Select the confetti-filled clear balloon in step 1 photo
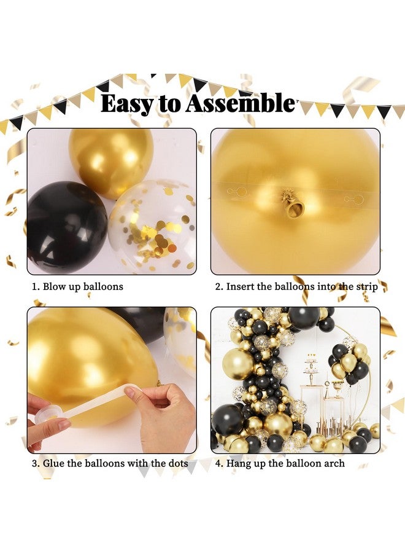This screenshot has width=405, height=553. [153, 225]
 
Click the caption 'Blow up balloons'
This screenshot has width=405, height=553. [82, 286]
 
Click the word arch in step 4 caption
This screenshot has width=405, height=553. [333, 463]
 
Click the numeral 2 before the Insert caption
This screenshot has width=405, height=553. [218, 286]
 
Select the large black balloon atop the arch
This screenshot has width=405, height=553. [304, 318]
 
